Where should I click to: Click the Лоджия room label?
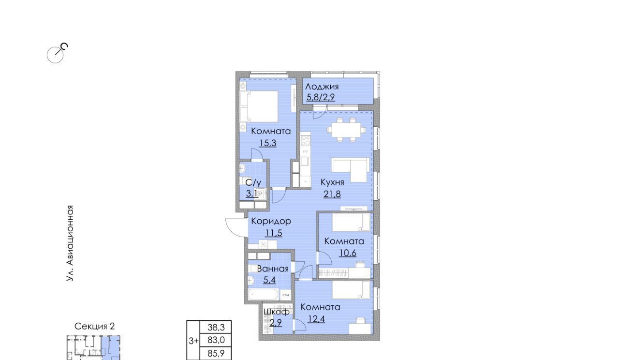pyautogui.click(x=322, y=87)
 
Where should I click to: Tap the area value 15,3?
pyautogui.click(x=268, y=143)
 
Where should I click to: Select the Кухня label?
pyautogui.click(x=332, y=182)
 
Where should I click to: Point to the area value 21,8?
pyautogui.click(x=332, y=194)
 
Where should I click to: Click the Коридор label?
pyautogui.click(x=271, y=221)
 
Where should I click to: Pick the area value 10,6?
pyautogui.click(x=348, y=253)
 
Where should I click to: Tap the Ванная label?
pyautogui.click(x=273, y=269)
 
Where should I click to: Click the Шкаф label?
pyautogui.click(x=276, y=312)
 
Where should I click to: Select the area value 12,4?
pyautogui.click(x=316, y=319)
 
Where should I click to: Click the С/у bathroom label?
pyautogui.click(x=253, y=182)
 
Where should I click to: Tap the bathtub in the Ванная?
pyautogui.click(x=263, y=294)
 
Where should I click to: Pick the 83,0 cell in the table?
pyautogui.click(x=216, y=340)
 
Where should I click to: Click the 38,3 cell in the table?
pyautogui.click(x=216, y=328)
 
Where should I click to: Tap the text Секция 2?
pyautogui.click(x=94, y=326)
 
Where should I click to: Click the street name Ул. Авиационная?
pyautogui.click(x=70, y=243)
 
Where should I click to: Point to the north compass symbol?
pyautogui.click(x=57, y=53)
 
